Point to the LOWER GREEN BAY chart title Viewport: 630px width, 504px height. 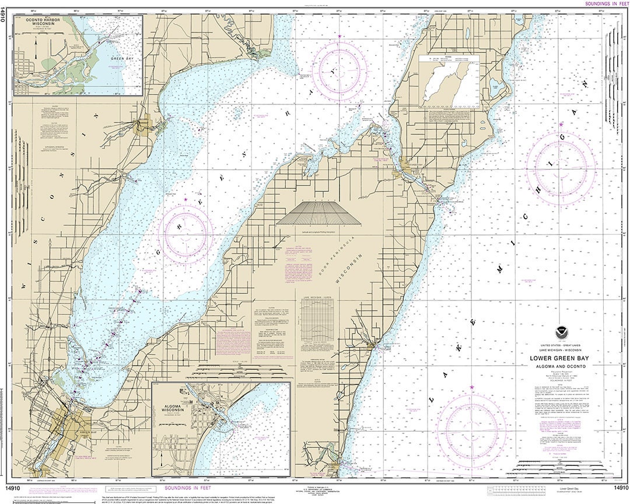click(558, 359)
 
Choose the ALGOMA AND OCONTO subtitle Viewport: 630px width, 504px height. click(558, 366)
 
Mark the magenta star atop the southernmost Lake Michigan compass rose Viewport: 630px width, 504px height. click(471, 387)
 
